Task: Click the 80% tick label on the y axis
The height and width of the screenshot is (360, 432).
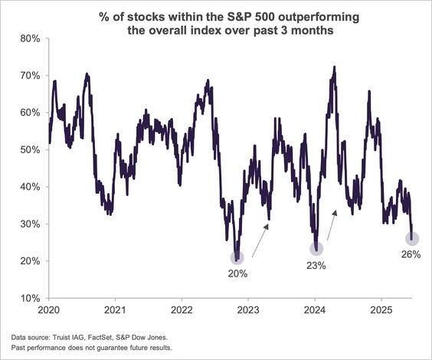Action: coord(29,38)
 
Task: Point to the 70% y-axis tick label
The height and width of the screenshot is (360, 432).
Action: coord(29,75)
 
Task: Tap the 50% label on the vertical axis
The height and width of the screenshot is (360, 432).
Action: coord(29,149)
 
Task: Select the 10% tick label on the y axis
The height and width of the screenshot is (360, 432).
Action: coord(29,298)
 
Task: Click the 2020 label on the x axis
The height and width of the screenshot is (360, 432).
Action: coord(48,313)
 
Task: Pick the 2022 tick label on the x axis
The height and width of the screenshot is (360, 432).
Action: coord(182,313)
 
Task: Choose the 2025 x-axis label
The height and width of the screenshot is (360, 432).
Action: coord(381,313)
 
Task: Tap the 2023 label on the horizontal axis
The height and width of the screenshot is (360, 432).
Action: coord(248,313)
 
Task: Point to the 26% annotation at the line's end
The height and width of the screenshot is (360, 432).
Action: coord(410,255)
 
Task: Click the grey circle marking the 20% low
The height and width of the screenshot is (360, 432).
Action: coord(237,257)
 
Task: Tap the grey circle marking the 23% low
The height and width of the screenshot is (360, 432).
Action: coord(316,248)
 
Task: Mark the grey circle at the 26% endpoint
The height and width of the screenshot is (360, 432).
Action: coord(411,239)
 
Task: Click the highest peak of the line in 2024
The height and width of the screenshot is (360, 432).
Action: coord(334,67)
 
